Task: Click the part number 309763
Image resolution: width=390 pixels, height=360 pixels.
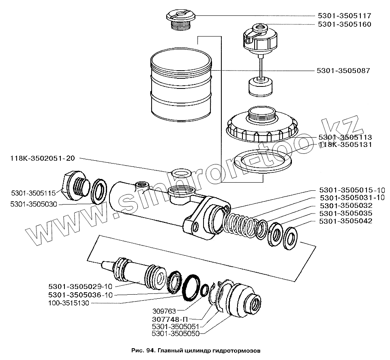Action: click(163, 310)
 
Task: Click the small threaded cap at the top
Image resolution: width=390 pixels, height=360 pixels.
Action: click(180, 19)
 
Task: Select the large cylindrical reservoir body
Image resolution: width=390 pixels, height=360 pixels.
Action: click(180, 87)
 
